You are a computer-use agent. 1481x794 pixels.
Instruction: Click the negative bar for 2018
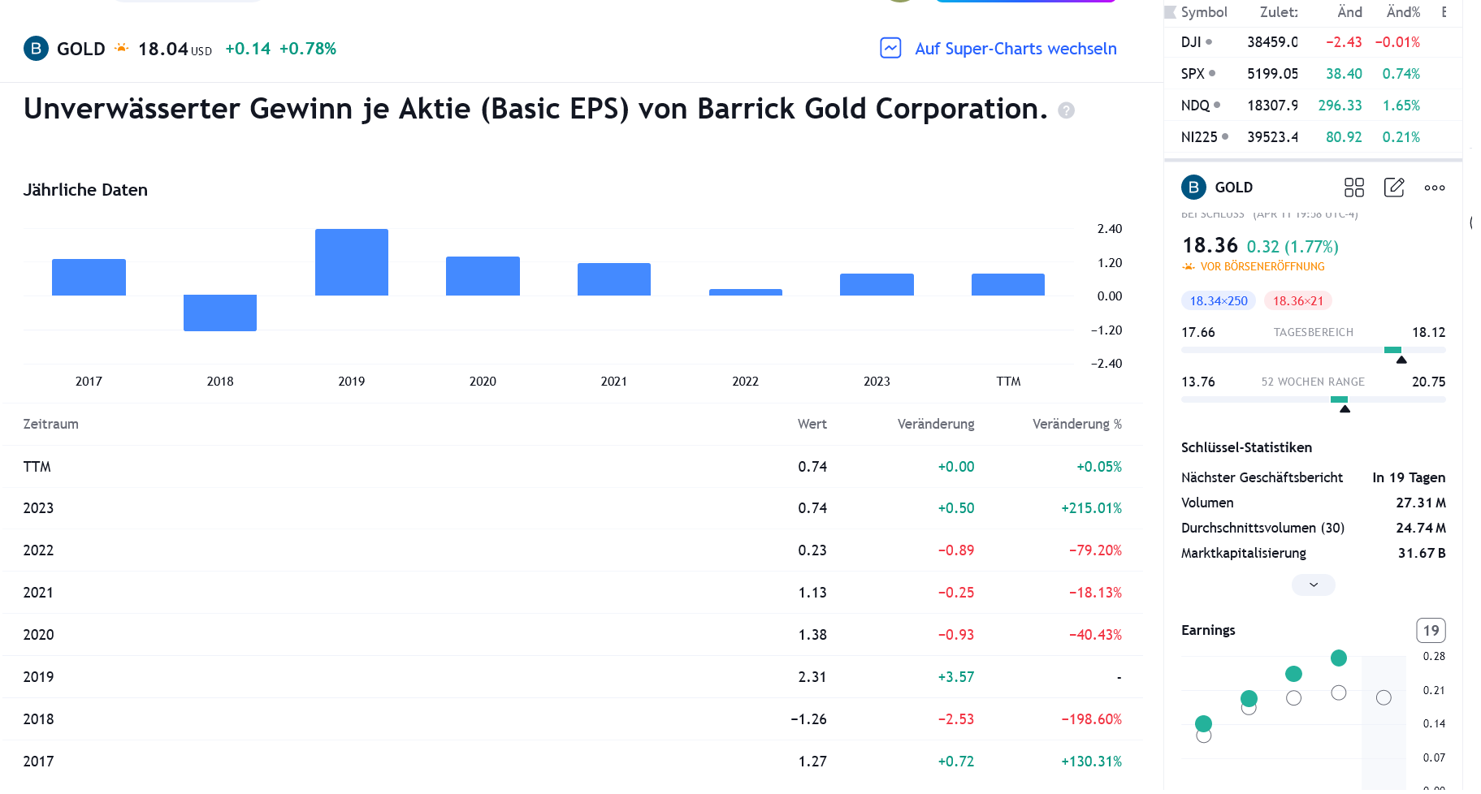point(220,313)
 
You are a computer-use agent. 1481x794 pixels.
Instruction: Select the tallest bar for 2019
point(351,262)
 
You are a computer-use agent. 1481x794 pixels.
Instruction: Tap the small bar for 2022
point(745,292)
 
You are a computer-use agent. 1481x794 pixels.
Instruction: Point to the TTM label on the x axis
point(1008,382)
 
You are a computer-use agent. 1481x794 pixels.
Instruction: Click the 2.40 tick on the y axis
point(1109,229)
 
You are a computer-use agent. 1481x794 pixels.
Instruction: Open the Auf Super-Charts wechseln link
point(1015,49)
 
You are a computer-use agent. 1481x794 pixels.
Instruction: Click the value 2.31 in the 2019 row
point(812,677)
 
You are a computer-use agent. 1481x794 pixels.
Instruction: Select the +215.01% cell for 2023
point(1091,508)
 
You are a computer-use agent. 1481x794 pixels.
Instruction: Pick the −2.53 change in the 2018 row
point(955,719)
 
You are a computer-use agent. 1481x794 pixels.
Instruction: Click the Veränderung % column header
point(1076,424)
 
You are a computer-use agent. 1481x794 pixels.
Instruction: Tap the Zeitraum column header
point(50,424)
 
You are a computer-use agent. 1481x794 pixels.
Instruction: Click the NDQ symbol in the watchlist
point(1195,106)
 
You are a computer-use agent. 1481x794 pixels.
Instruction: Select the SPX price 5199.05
point(1272,74)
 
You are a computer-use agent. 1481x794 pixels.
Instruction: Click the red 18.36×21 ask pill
point(1297,301)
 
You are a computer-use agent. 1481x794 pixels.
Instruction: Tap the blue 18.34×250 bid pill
point(1219,301)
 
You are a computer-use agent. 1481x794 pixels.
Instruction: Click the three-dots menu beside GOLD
point(1434,188)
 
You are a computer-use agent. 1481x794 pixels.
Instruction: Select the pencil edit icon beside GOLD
point(1394,188)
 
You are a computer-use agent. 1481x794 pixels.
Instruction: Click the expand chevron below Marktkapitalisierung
point(1313,585)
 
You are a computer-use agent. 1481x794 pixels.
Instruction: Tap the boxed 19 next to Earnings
point(1431,631)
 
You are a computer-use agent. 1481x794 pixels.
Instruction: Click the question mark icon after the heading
point(1066,110)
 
